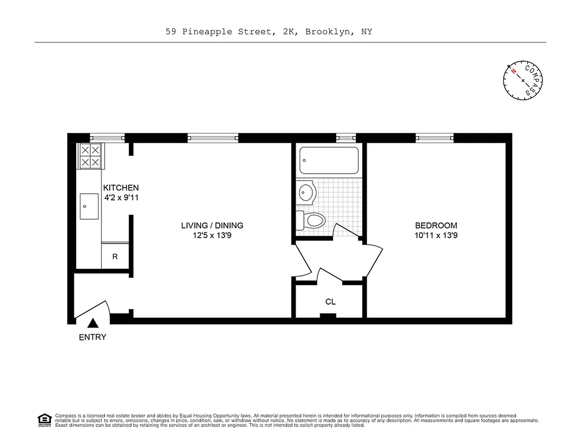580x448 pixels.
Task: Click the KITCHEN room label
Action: click(x=120, y=188)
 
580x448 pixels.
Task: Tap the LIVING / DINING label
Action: click(x=212, y=226)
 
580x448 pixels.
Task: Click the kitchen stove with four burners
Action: click(x=91, y=156)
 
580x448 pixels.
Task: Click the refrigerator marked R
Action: click(x=115, y=256)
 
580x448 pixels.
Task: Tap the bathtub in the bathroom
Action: click(x=329, y=160)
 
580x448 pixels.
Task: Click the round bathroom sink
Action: click(x=306, y=193)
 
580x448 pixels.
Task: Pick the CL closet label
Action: click(x=330, y=302)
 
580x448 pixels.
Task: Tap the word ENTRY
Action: click(x=92, y=337)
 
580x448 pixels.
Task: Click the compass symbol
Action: click(x=523, y=80)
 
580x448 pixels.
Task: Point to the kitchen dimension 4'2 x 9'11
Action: click(x=120, y=198)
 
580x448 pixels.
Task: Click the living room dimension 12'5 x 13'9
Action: click(x=212, y=236)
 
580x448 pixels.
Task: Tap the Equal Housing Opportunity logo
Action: click(x=44, y=419)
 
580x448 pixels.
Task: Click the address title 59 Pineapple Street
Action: click(x=269, y=32)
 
